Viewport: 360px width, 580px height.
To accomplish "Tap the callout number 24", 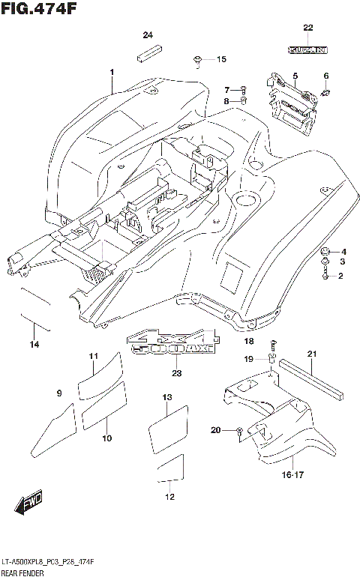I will click(148, 35).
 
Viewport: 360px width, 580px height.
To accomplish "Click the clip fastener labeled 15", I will click(197, 59).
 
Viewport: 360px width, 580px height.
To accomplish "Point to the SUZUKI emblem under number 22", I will click(307, 50).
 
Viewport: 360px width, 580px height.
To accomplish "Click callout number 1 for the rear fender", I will click(111, 73).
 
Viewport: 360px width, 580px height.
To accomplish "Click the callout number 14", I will click(34, 344).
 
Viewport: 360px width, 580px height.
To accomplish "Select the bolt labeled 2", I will click(325, 277).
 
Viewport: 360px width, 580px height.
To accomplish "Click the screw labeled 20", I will click(239, 430).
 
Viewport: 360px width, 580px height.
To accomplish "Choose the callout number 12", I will click(169, 496).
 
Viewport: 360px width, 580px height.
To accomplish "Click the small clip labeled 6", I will click(326, 93).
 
